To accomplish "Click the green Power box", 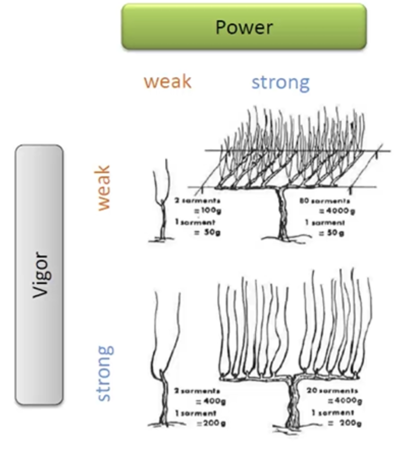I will (x=244, y=27).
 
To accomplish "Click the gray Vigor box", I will (x=39, y=274).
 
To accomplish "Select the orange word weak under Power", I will (x=168, y=82).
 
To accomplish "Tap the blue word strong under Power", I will (x=280, y=83).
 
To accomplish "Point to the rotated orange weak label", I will (x=103, y=188).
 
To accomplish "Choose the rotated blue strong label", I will (x=105, y=373).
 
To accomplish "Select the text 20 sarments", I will (x=333, y=391).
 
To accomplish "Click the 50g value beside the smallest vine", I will (x=207, y=232).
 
